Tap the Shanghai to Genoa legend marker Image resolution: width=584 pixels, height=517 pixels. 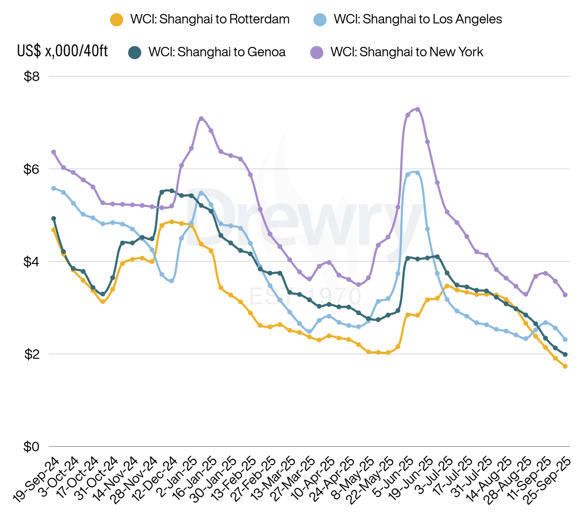tap(135, 53)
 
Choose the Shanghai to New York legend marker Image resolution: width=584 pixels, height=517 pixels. tap(316, 53)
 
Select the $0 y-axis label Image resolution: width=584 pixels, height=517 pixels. tap(32, 446)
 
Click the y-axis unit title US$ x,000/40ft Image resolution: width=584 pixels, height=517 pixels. tap(62, 51)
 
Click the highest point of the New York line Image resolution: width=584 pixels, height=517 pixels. tap(418, 109)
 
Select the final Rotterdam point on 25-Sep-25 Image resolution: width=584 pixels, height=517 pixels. tap(565, 366)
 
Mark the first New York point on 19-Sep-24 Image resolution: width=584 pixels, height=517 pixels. tap(53, 152)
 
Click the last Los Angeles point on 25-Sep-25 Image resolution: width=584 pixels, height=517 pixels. tap(565, 339)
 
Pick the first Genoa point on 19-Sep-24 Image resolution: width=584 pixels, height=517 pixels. tap(53, 219)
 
